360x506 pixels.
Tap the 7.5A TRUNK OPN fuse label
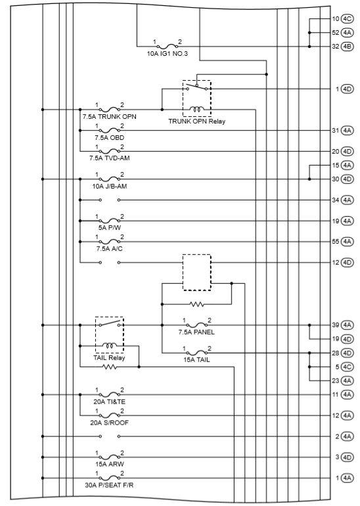[x=109, y=116]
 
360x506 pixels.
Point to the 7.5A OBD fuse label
[x=109, y=137]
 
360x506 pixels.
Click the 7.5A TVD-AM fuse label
[x=109, y=158]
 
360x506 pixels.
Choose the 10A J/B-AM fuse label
[x=109, y=185]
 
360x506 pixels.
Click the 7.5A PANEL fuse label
[x=196, y=332]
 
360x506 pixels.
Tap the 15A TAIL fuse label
[x=196, y=359]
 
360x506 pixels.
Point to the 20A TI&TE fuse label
[x=109, y=402]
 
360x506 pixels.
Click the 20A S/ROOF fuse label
[x=109, y=423]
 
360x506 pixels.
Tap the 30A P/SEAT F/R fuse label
[x=109, y=486]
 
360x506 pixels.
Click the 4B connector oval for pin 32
[x=348, y=46]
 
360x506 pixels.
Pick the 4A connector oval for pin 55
[x=348, y=242]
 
